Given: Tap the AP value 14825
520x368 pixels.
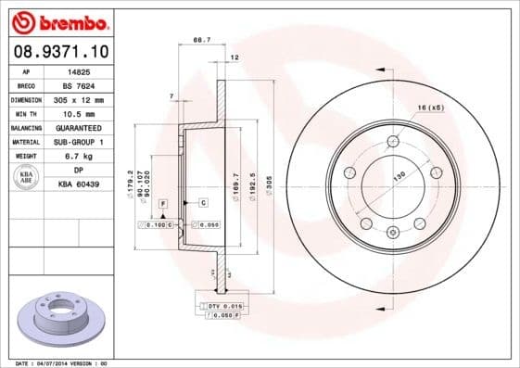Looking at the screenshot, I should point(79,70).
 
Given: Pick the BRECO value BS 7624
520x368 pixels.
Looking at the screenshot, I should point(79,84).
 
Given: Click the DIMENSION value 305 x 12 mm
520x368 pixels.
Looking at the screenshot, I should point(79,98).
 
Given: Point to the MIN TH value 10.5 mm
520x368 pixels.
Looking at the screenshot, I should point(79,112).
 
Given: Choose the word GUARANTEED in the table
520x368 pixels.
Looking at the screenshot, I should point(79,126).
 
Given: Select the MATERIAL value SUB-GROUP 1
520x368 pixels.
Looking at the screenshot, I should point(79,141).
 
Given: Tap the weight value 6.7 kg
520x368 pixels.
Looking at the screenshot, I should point(79,156).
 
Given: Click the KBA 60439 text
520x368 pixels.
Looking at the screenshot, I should point(79,184).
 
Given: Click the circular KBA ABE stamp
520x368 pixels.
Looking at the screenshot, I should point(27,177).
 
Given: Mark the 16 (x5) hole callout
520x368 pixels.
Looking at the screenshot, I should point(430,108).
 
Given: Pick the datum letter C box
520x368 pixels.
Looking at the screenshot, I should point(203,202).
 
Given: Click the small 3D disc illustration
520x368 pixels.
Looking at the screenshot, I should point(62,320).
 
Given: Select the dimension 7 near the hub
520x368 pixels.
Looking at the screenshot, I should point(172,97).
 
